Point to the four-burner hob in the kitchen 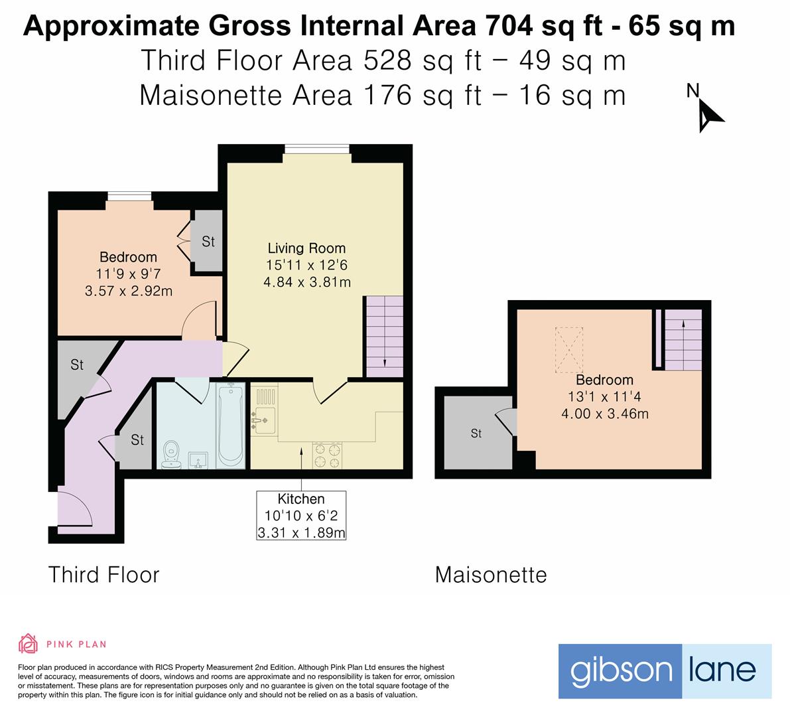(x=328, y=456)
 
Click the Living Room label (x=306, y=248)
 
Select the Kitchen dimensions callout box (x=302, y=515)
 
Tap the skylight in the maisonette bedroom (x=568, y=349)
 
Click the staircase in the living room (x=384, y=337)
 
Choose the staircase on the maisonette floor (x=683, y=341)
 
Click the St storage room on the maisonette (x=476, y=433)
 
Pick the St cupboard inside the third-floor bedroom (x=208, y=241)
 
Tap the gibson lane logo (x=665, y=671)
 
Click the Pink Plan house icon (x=28, y=643)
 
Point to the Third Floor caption (x=104, y=575)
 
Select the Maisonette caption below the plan (x=491, y=575)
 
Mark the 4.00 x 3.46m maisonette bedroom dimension (x=604, y=414)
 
